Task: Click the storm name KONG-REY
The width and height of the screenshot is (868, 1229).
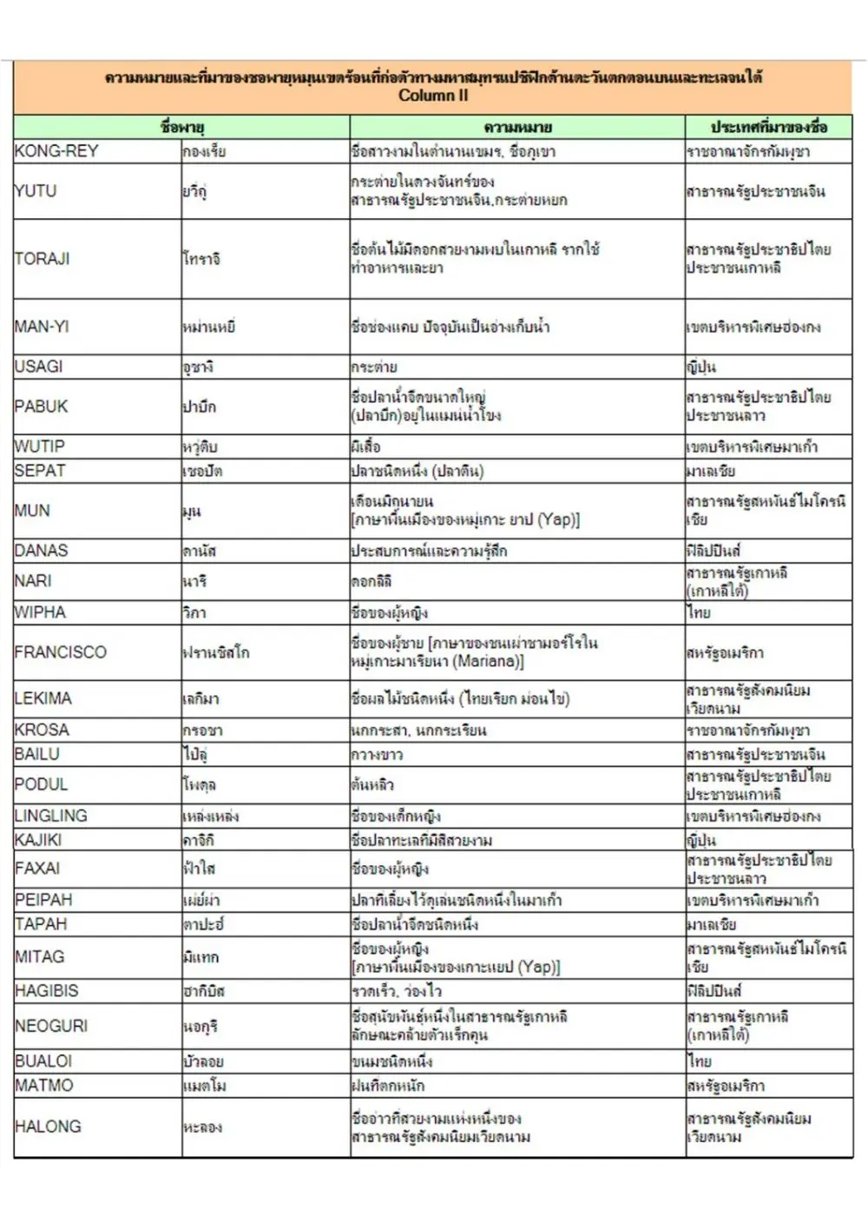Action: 56,151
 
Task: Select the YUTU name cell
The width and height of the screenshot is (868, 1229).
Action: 36,191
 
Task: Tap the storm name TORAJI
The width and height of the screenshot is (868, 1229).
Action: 42,259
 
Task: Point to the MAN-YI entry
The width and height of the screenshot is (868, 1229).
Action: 42,327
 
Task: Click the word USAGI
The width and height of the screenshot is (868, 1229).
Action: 38,367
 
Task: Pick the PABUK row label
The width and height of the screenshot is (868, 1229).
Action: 41,406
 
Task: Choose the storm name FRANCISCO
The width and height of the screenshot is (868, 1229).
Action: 61,652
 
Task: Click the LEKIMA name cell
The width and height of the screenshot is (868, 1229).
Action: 43,698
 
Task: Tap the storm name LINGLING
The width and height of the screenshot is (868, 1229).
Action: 51,816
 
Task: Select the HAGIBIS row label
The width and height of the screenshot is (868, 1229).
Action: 46,991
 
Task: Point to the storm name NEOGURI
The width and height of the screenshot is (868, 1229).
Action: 51,1026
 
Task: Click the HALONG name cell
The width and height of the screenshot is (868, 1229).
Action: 48,1127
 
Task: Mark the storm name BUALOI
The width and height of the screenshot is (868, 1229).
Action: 43,1061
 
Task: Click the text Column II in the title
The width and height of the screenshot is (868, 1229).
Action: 433,96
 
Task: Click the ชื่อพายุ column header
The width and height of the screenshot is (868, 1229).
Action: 182,128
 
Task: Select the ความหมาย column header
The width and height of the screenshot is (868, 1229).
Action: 517,128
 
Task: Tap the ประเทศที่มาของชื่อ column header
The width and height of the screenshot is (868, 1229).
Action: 768,128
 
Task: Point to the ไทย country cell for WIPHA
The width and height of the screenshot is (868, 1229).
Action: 699,612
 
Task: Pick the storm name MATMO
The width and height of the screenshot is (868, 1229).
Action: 44,1086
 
